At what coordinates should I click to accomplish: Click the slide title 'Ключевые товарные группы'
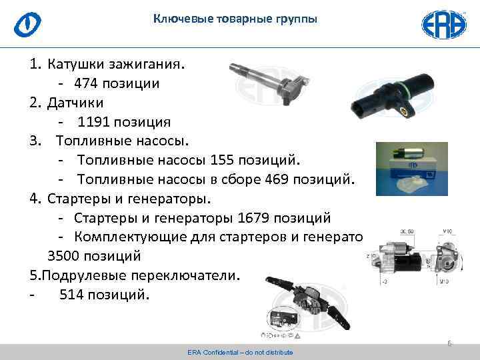pos(235,19)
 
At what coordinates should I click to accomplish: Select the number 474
pos(87,84)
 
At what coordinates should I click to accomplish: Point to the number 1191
pos(95,122)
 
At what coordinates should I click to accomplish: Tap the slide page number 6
pos(449,343)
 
